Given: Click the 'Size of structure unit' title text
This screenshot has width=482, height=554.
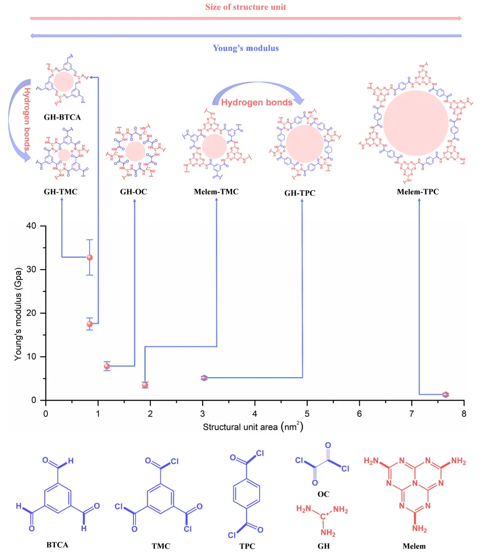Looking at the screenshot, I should click(245, 7).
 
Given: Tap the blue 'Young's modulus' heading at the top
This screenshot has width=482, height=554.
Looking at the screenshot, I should click(245, 48).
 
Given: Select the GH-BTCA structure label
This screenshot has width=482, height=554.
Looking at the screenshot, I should click(62, 117).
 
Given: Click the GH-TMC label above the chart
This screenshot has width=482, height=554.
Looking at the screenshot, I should click(61, 192).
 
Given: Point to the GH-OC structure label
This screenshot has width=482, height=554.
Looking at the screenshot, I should click(133, 192).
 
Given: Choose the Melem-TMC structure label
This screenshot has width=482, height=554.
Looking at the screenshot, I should click(216, 192).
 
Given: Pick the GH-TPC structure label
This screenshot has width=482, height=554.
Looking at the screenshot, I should click(300, 193).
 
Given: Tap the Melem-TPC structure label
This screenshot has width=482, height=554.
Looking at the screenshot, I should click(418, 192).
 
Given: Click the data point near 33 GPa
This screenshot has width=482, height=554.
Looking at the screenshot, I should click(90, 258).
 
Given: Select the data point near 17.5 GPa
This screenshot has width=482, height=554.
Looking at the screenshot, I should click(90, 324).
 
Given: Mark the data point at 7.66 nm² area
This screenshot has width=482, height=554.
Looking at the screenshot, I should click(445, 395).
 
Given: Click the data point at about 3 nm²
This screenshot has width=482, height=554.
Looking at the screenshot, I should click(204, 378).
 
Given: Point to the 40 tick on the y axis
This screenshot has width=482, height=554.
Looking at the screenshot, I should click(31, 226).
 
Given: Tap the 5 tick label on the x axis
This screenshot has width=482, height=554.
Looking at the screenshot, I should click(307, 414).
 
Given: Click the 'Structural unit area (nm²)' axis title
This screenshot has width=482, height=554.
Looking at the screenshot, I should click(253, 427).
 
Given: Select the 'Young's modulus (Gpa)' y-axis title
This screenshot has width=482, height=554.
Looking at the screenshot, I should click(18, 314).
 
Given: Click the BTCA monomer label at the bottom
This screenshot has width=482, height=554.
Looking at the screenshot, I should click(57, 545).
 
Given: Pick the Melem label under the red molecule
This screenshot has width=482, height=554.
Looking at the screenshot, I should click(414, 546).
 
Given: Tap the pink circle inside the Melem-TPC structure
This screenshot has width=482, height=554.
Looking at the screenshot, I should click(416, 123).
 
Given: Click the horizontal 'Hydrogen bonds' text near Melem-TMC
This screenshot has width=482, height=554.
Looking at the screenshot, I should click(257, 103).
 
